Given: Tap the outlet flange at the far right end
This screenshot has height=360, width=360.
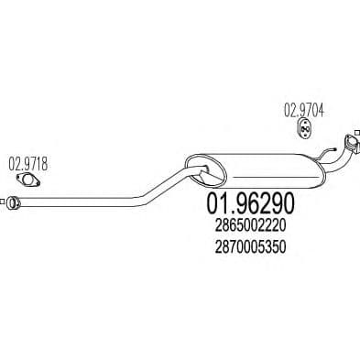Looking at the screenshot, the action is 349,145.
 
